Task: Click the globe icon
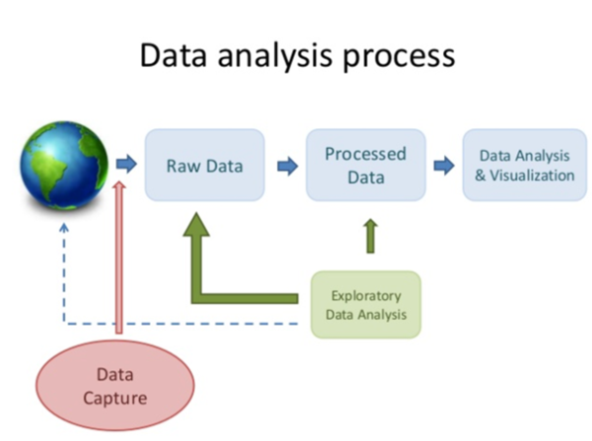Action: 61,164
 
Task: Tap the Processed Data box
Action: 365,165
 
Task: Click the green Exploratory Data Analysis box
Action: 366,305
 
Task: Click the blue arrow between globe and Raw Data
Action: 126,165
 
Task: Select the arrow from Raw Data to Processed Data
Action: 285,165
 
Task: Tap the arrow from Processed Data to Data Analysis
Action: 445,165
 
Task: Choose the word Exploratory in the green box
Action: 366,295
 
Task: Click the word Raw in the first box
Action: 183,165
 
